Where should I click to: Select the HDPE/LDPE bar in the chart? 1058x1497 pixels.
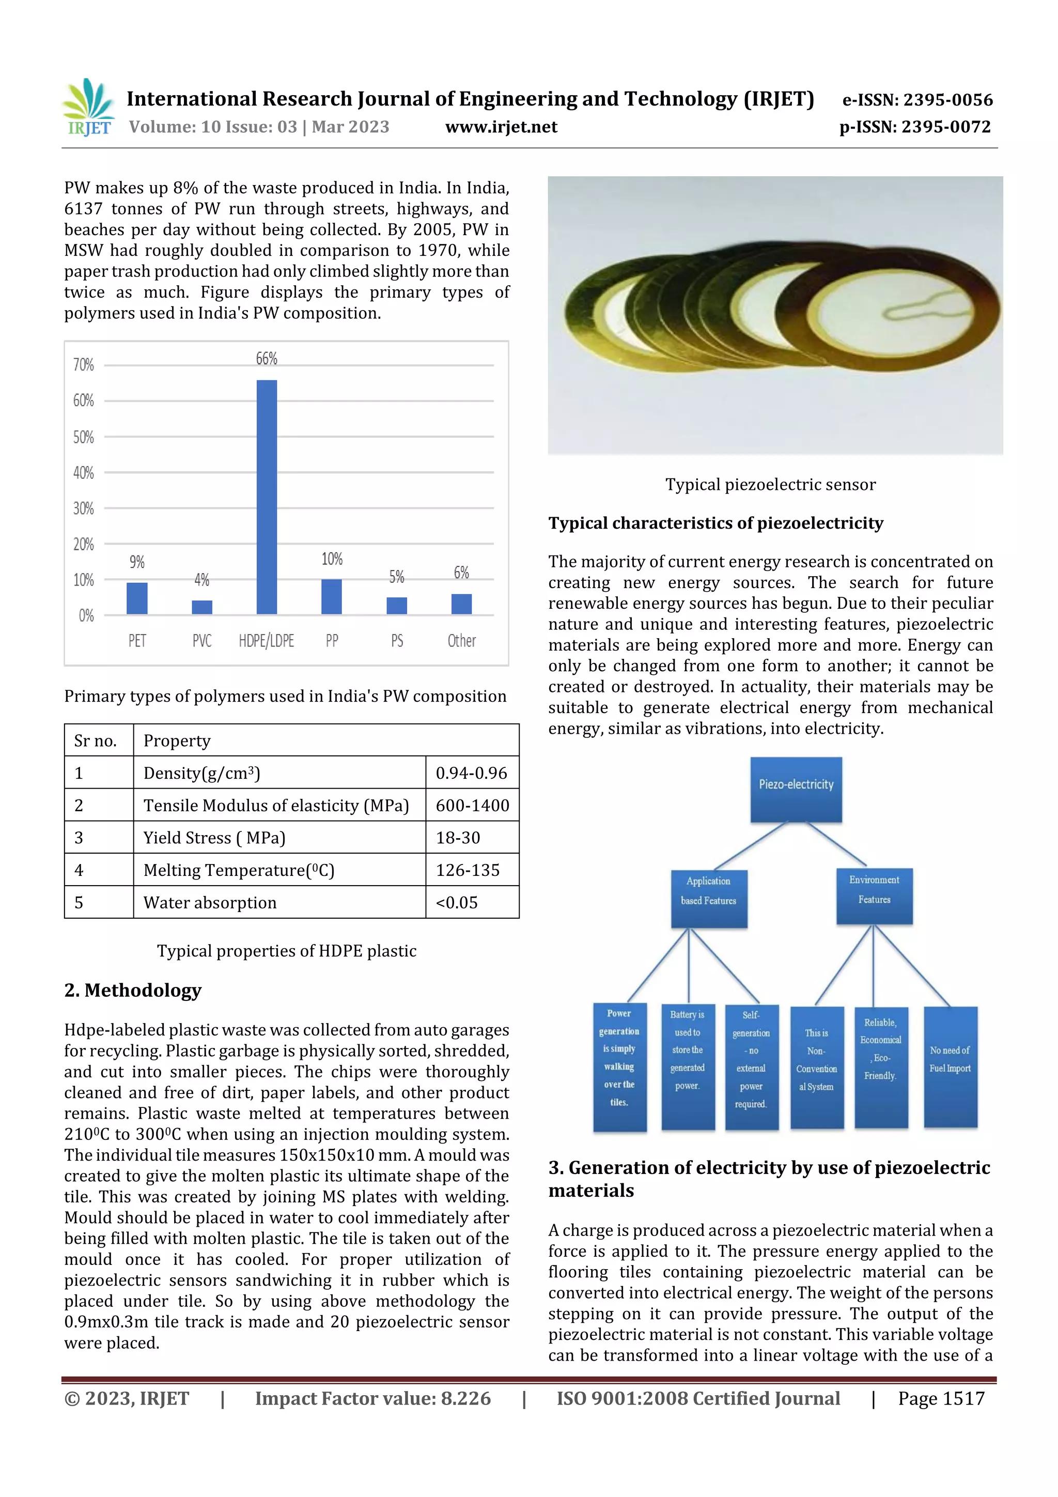pyautogui.click(x=267, y=497)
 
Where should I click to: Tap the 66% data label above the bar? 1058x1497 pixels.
pyautogui.click(x=267, y=358)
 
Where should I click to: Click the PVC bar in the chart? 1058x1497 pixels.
pyautogui.click(x=202, y=607)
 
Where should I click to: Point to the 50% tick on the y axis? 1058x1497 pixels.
pyautogui.click(x=84, y=437)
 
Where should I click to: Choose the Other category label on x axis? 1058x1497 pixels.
pyautogui.click(x=461, y=640)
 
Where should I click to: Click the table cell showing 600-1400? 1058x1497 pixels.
pyautogui.click(x=472, y=805)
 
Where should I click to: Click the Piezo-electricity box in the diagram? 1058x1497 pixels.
pyautogui.click(x=796, y=790)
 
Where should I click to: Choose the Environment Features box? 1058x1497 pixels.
pyautogui.click(x=874, y=896)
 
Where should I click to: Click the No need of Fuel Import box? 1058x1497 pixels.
pyautogui.click(x=951, y=1067)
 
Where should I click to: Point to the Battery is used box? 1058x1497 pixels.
pyautogui.click(x=688, y=1067)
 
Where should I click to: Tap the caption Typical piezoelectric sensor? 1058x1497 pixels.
pyautogui.click(x=771, y=484)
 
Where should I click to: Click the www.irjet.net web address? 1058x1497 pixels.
pyautogui.click(x=501, y=127)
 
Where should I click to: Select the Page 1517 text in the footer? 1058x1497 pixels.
pyautogui.click(x=941, y=1398)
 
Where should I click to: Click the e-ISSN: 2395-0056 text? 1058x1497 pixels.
pyautogui.click(x=917, y=100)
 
